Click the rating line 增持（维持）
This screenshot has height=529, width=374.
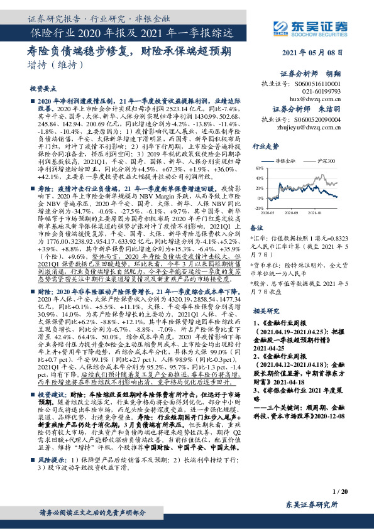coord(56,65)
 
